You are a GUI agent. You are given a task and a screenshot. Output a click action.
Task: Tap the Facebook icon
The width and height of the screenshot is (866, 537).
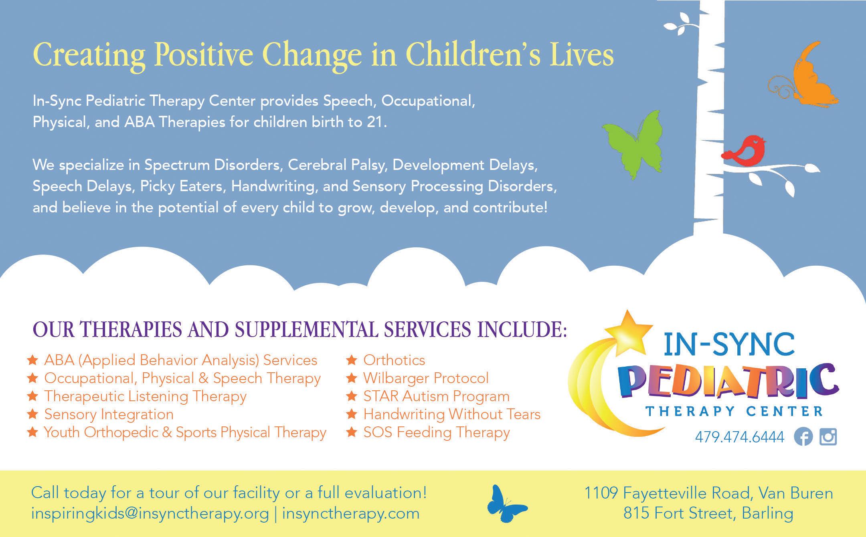(803, 436)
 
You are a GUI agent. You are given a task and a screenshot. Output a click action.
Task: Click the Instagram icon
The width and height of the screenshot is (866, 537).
(828, 436)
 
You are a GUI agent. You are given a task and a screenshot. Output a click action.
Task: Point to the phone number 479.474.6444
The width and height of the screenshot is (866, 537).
(740, 437)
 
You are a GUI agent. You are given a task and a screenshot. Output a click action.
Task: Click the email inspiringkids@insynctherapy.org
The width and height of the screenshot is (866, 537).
(150, 514)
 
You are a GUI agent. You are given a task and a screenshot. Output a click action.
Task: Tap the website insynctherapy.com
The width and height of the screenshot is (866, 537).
(351, 514)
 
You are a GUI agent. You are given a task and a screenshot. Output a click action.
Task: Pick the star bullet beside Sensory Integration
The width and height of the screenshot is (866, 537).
(32, 414)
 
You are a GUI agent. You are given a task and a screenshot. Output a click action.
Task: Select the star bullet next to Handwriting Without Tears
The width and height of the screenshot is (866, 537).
(352, 414)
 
